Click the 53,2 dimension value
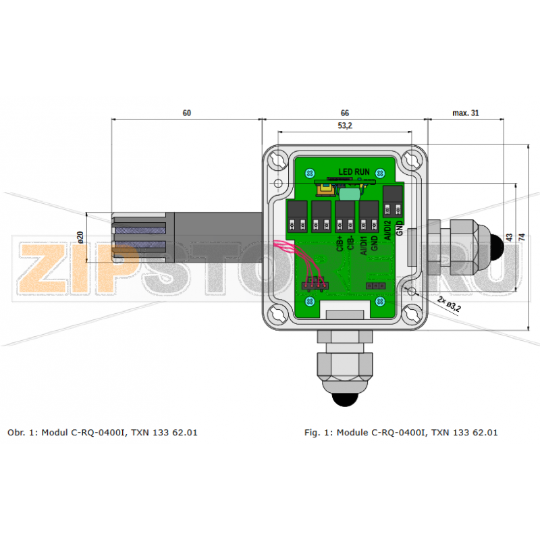point(344,126)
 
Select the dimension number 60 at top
point(187,113)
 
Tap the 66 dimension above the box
point(344,113)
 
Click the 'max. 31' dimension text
point(466,113)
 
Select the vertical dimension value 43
point(510,237)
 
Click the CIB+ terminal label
point(339,243)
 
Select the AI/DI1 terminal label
point(363,243)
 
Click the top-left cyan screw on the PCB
point(310,171)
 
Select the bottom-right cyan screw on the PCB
point(381,301)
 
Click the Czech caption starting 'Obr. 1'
point(102,432)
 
